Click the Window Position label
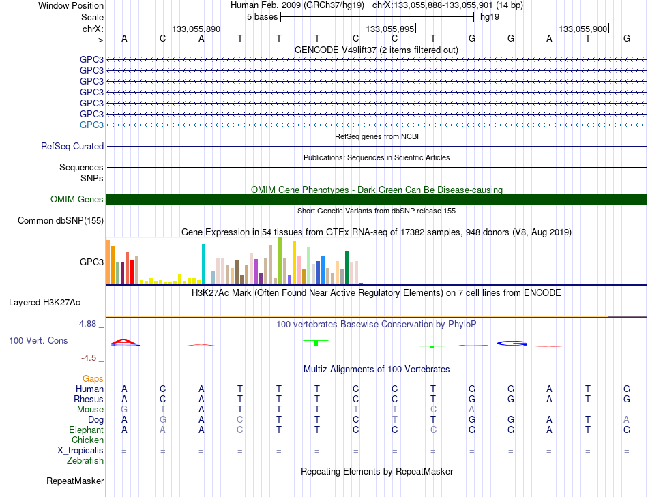point(71,5)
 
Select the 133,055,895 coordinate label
point(389,29)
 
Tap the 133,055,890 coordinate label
point(196,29)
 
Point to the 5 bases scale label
point(263,17)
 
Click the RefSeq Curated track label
point(72,147)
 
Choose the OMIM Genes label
point(77,200)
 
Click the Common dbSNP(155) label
point(61,221)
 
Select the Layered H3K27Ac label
point(44,303)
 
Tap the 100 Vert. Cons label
point(38,340)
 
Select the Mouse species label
point(90,410)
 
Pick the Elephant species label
point(87,430)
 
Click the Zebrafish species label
point(85,460)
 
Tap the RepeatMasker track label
point(75,481)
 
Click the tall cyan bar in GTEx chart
point(203,264)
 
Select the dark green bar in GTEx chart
point(347,267)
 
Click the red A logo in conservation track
point(124,342)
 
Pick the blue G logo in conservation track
point(512,344)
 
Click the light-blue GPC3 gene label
point(92,125)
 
